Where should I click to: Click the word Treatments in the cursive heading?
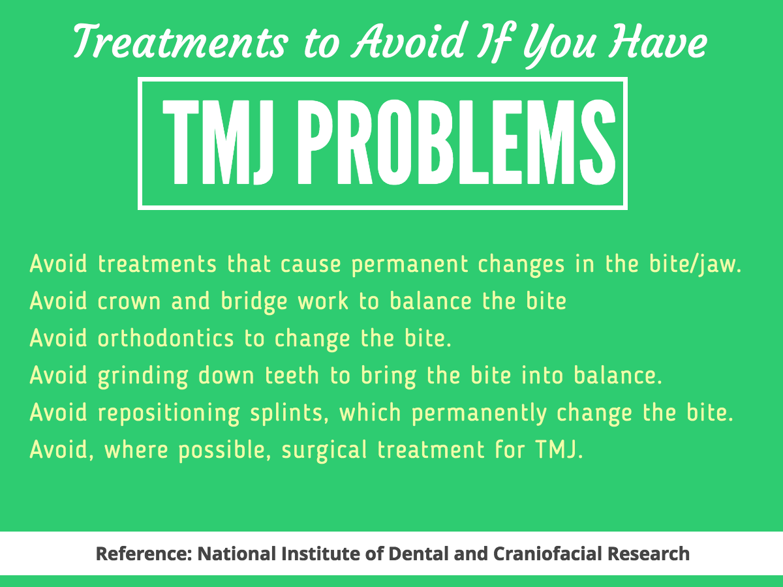coord(181,41)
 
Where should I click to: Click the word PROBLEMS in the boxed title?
coord(457,143)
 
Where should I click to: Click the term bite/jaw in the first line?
coord(695,265)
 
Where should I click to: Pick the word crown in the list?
coord(129,301)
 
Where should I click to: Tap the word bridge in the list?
coord(254,302)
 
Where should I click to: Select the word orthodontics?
coord(166,338)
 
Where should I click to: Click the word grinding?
coord(143,376)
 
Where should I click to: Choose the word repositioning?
coord(169,414)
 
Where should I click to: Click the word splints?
coord(289,414)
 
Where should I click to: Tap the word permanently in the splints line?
coord(479,414)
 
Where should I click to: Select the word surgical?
coord(324,451)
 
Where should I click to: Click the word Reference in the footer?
coord(144,554)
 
